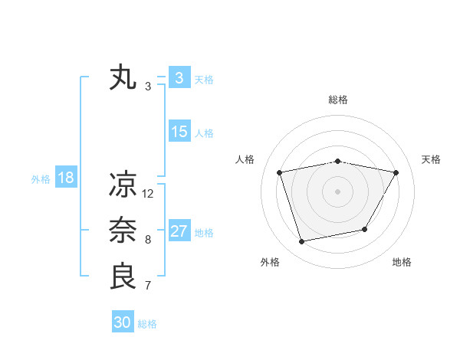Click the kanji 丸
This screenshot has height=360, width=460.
123,78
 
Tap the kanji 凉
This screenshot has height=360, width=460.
123,185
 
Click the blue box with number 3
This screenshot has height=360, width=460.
179,78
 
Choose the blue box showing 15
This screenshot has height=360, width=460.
179,132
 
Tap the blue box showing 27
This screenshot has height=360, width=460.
179,231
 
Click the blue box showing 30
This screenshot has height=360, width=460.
123,322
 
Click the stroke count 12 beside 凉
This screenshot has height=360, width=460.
148,194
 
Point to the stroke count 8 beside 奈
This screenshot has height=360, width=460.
148,240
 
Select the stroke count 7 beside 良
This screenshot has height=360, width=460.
148,286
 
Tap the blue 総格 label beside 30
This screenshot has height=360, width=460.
147,324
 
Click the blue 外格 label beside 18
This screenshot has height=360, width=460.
41,179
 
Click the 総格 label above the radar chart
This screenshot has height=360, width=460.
337,100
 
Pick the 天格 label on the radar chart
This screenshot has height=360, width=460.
431,159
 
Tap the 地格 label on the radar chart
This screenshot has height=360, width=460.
402,262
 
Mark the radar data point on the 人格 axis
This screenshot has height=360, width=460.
280,172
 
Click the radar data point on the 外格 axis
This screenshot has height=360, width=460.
302,241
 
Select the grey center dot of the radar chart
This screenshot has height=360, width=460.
337,191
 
